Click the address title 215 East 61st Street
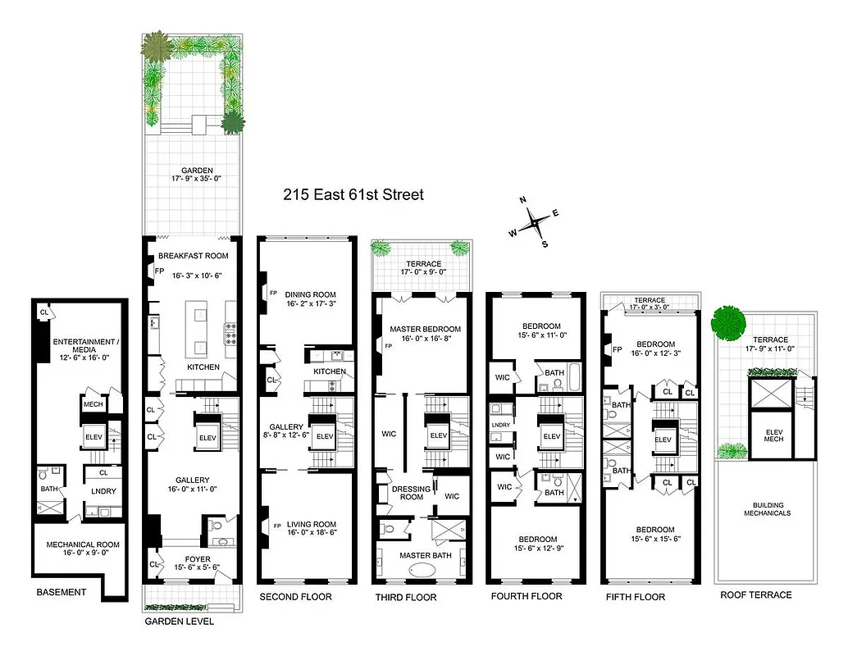[x=353, y=195]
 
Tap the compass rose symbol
[x=533, y=221]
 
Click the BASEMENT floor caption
[x=62, y=592]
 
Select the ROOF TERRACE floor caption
[x=755, y=594]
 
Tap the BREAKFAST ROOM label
[x=192, y=255]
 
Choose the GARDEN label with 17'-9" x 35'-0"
[x=193, y=175]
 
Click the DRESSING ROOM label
[x=411, y=493]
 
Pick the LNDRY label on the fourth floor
[x=500, y=425]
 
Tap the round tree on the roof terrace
[x=727, y=322]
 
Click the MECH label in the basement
[x=92, y=403]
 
